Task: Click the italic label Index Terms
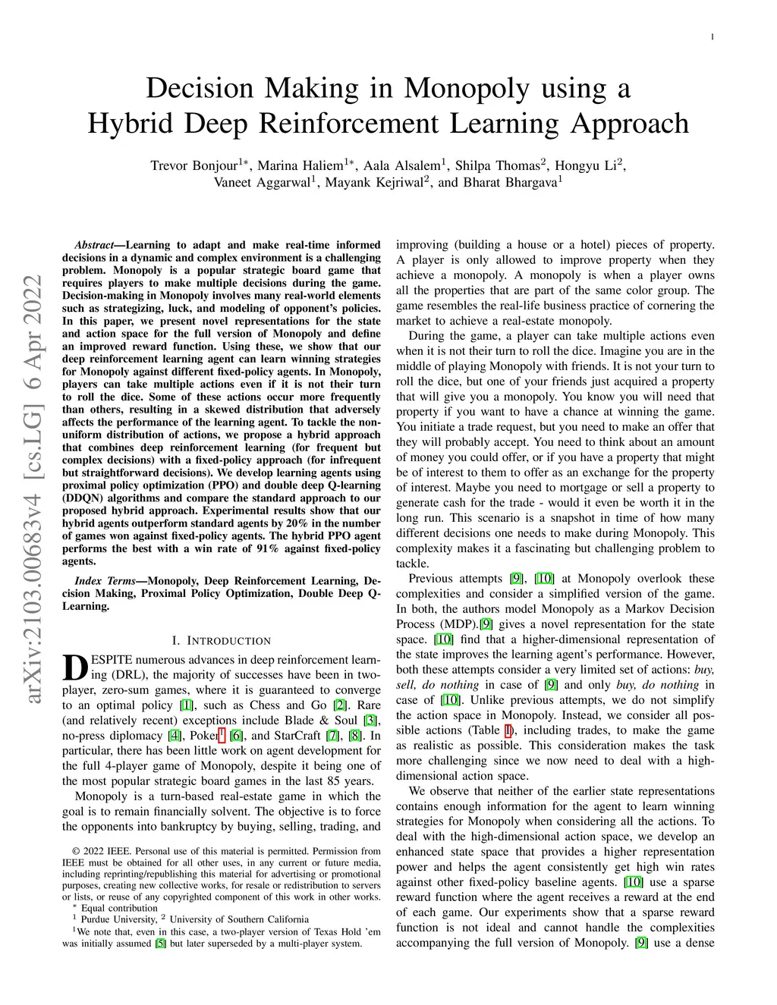[105, 580]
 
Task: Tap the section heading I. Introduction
[221, 641]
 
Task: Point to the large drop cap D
[73, 666]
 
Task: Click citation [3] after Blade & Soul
[370, 720]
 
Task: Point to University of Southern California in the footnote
[238, 919]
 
